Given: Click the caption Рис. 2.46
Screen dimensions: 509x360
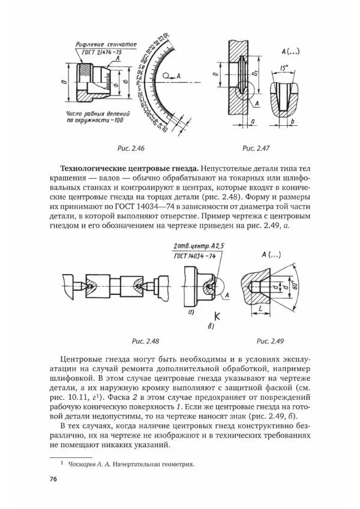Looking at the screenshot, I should point(133,147).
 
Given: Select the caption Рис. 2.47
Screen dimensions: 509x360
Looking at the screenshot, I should point(256,147).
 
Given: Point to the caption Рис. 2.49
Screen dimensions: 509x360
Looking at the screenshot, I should point(269,341).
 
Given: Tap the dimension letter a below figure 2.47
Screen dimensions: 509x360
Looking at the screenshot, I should point(252,122).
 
